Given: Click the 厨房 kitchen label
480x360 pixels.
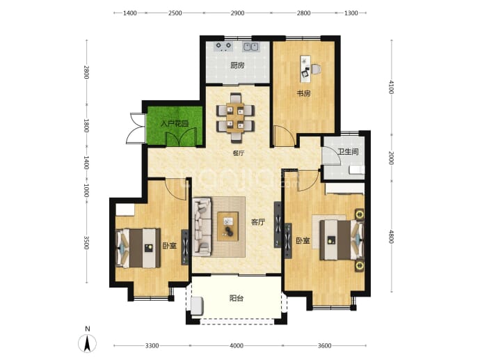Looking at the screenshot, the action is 237,65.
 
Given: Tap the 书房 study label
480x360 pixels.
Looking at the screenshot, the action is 304,93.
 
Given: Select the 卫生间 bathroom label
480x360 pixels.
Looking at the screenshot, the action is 348,152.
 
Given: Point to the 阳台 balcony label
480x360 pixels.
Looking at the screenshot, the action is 237,298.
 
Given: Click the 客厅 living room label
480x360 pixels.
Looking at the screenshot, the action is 258,222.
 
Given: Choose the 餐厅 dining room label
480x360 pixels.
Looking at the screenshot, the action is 239,153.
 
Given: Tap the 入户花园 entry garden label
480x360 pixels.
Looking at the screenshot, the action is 175,124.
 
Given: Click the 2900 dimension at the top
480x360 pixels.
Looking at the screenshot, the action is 237,13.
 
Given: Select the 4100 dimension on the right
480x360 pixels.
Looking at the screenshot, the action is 391,87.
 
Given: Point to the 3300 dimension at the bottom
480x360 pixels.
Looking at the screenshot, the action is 152,346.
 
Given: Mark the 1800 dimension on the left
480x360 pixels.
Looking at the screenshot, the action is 86,125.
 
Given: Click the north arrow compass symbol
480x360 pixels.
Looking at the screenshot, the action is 88,343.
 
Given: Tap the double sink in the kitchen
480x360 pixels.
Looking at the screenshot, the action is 251,47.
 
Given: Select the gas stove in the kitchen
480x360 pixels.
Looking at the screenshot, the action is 223,46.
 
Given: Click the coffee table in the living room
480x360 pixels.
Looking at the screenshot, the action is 227,226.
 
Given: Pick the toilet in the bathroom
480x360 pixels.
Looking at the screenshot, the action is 357,170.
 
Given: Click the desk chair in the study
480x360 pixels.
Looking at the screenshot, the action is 317,70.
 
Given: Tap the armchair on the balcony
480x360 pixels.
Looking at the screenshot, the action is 197,306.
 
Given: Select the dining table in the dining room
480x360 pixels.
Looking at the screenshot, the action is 235,118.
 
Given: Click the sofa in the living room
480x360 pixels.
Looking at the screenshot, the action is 202,227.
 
